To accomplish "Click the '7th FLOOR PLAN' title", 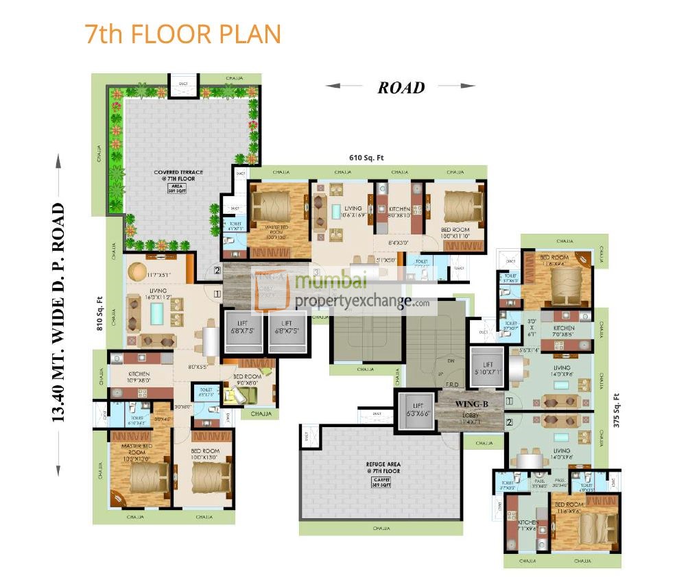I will tap(182, 34).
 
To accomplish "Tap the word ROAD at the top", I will tap(401, 87).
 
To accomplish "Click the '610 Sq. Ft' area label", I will tap(366, 158).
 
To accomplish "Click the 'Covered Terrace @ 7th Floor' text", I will tap(176, 175).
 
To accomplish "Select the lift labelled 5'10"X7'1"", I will tap(488, 369).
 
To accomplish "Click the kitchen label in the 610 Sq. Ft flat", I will tap(399, 211).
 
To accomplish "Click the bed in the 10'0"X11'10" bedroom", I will tap(455, 204).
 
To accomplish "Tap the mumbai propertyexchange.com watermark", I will tap(350, 291).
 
